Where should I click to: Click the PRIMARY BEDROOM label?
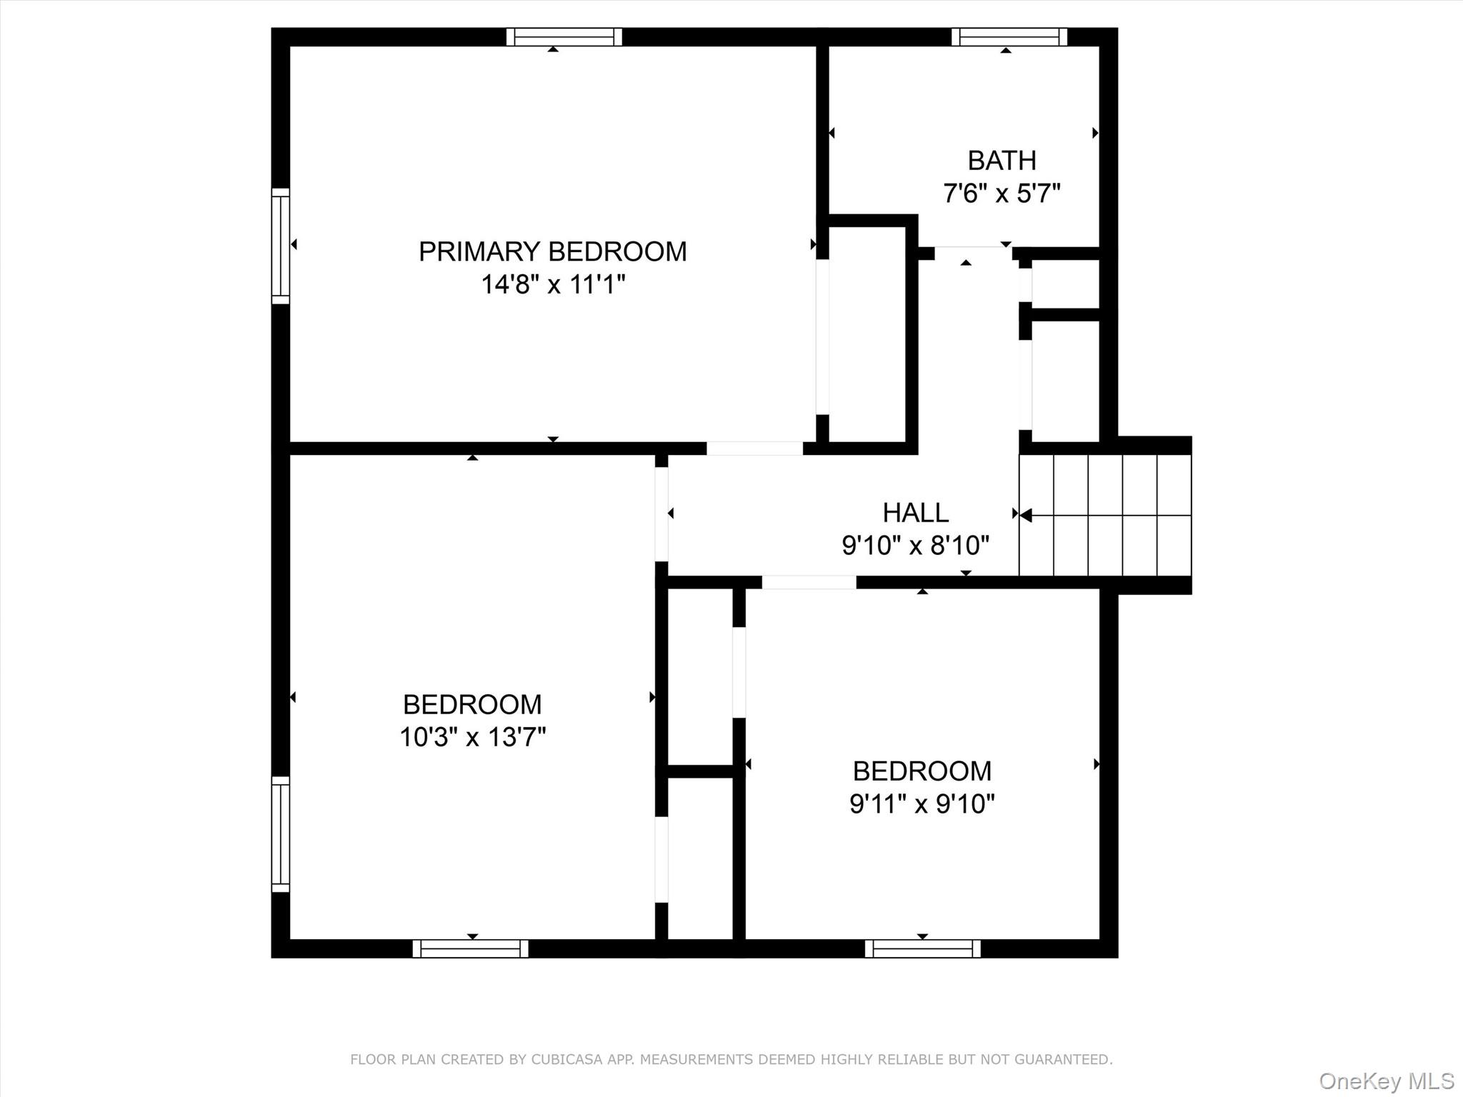click(552, 251)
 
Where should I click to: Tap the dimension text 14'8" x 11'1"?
click(553, 285)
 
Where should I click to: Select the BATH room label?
click(1002, 161)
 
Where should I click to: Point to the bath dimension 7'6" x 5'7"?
click(1002, 194)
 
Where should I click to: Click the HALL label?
click(915, 513)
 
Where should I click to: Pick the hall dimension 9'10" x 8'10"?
click(915, 546)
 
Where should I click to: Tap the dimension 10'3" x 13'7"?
click(472, 737)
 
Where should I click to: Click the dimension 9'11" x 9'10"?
click(922, 804)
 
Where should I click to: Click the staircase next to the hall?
click(1105, 515)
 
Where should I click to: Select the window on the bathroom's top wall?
click(1009, 37)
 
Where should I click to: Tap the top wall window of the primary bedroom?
click(564, 37)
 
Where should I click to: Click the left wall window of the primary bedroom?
click(281, 246)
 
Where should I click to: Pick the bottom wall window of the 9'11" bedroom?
click(922, 948)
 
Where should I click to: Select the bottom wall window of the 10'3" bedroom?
click(471, 948)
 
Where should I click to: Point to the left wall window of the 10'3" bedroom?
click(281, 834)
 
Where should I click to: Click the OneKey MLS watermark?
click(1387, 1081)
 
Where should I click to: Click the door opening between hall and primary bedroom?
click(755, 449)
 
